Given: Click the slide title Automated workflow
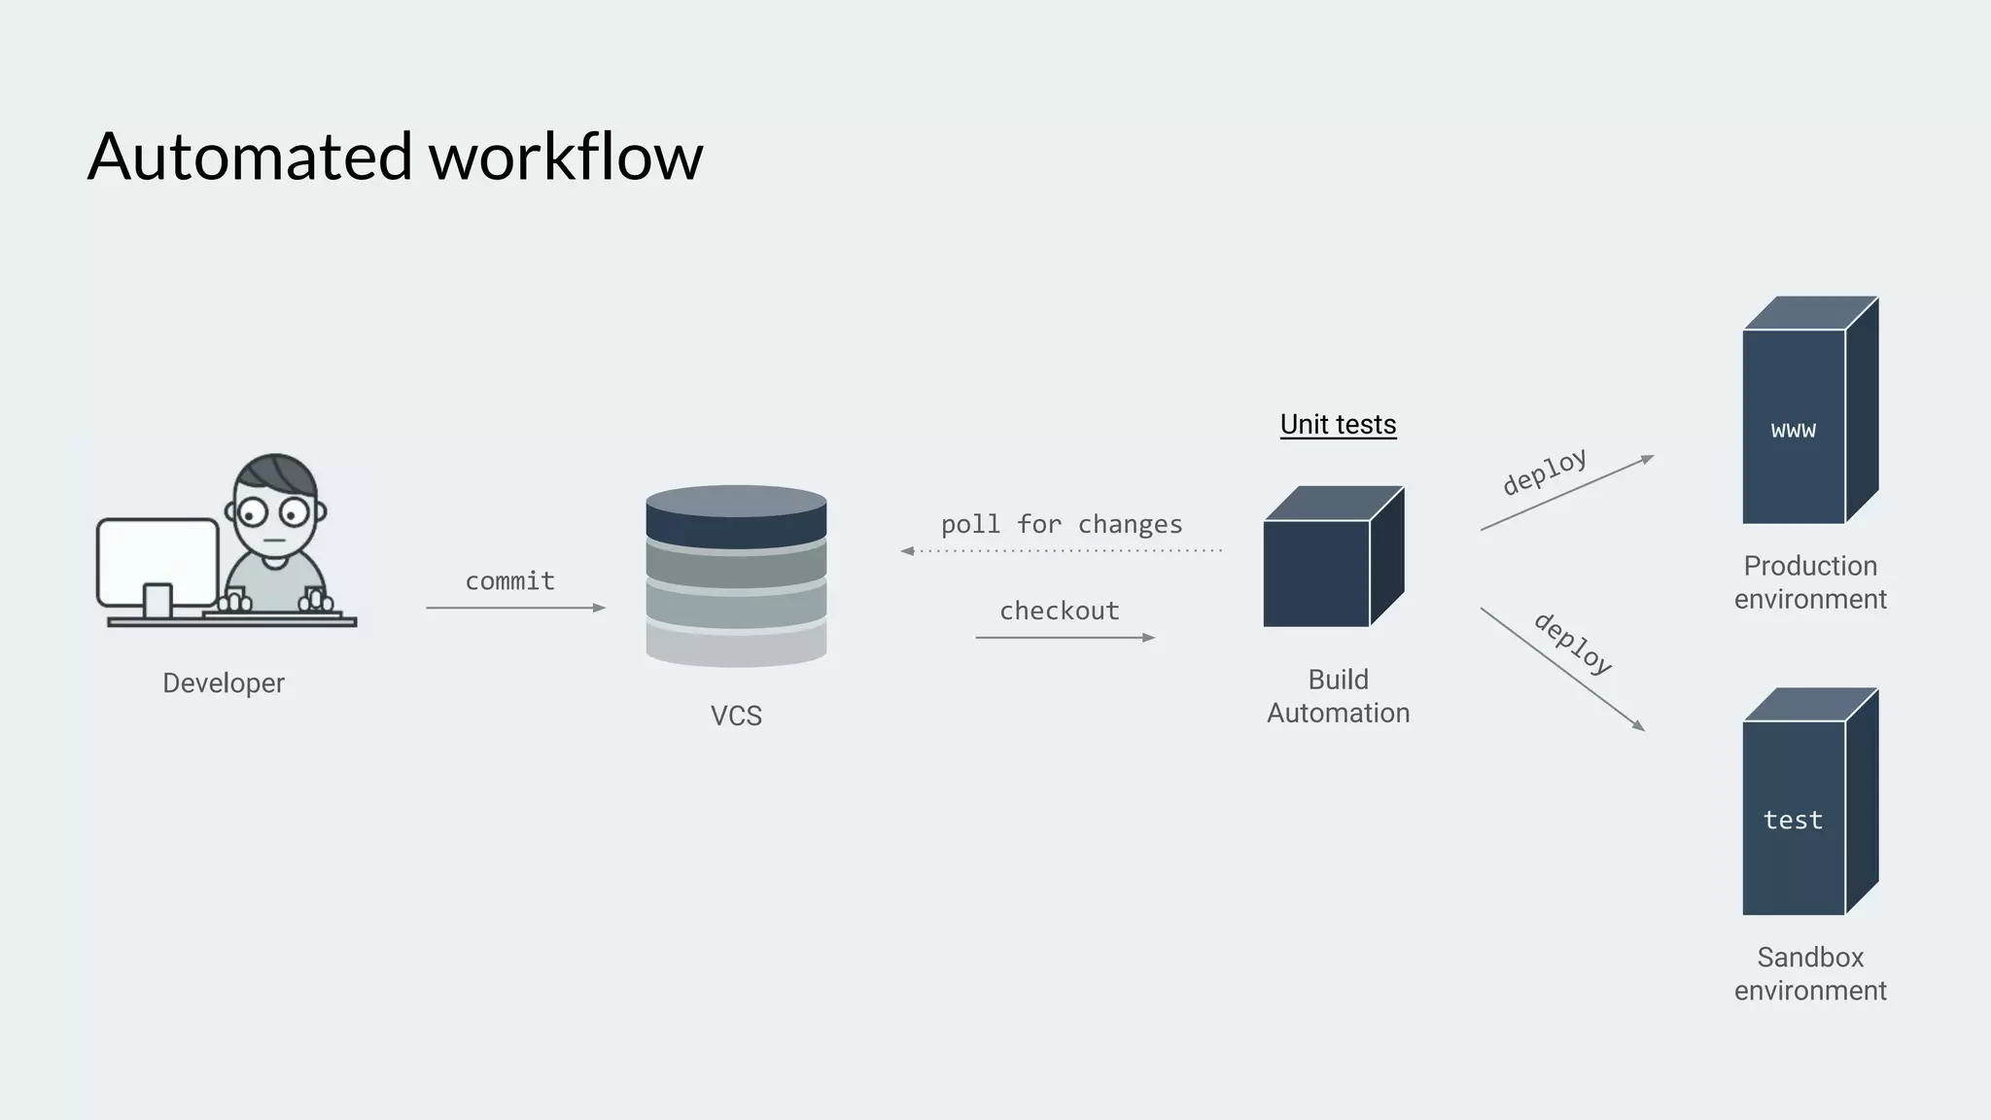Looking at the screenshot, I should (395, 157).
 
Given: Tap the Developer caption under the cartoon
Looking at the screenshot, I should (224, 683).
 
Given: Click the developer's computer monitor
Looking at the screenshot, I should (157, 562).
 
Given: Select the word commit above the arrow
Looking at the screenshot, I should (509, 581).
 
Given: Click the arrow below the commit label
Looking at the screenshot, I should (515, 608).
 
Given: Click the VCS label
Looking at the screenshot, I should (736, 716).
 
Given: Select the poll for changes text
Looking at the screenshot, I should (1062, 525).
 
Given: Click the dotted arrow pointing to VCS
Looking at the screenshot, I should (1062, 551).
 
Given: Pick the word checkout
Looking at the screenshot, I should (1060, 612).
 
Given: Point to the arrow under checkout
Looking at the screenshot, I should (1065, 638).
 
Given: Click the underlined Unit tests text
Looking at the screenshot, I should (1338, 425).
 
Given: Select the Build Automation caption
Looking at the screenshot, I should (1338, 696).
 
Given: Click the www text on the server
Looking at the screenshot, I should (1793, 430).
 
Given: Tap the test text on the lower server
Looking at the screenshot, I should (1793, 821).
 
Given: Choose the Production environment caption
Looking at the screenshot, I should (1809, 582).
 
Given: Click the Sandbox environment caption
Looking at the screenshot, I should (1809, 974).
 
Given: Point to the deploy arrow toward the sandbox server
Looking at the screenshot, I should (1561, 669).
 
